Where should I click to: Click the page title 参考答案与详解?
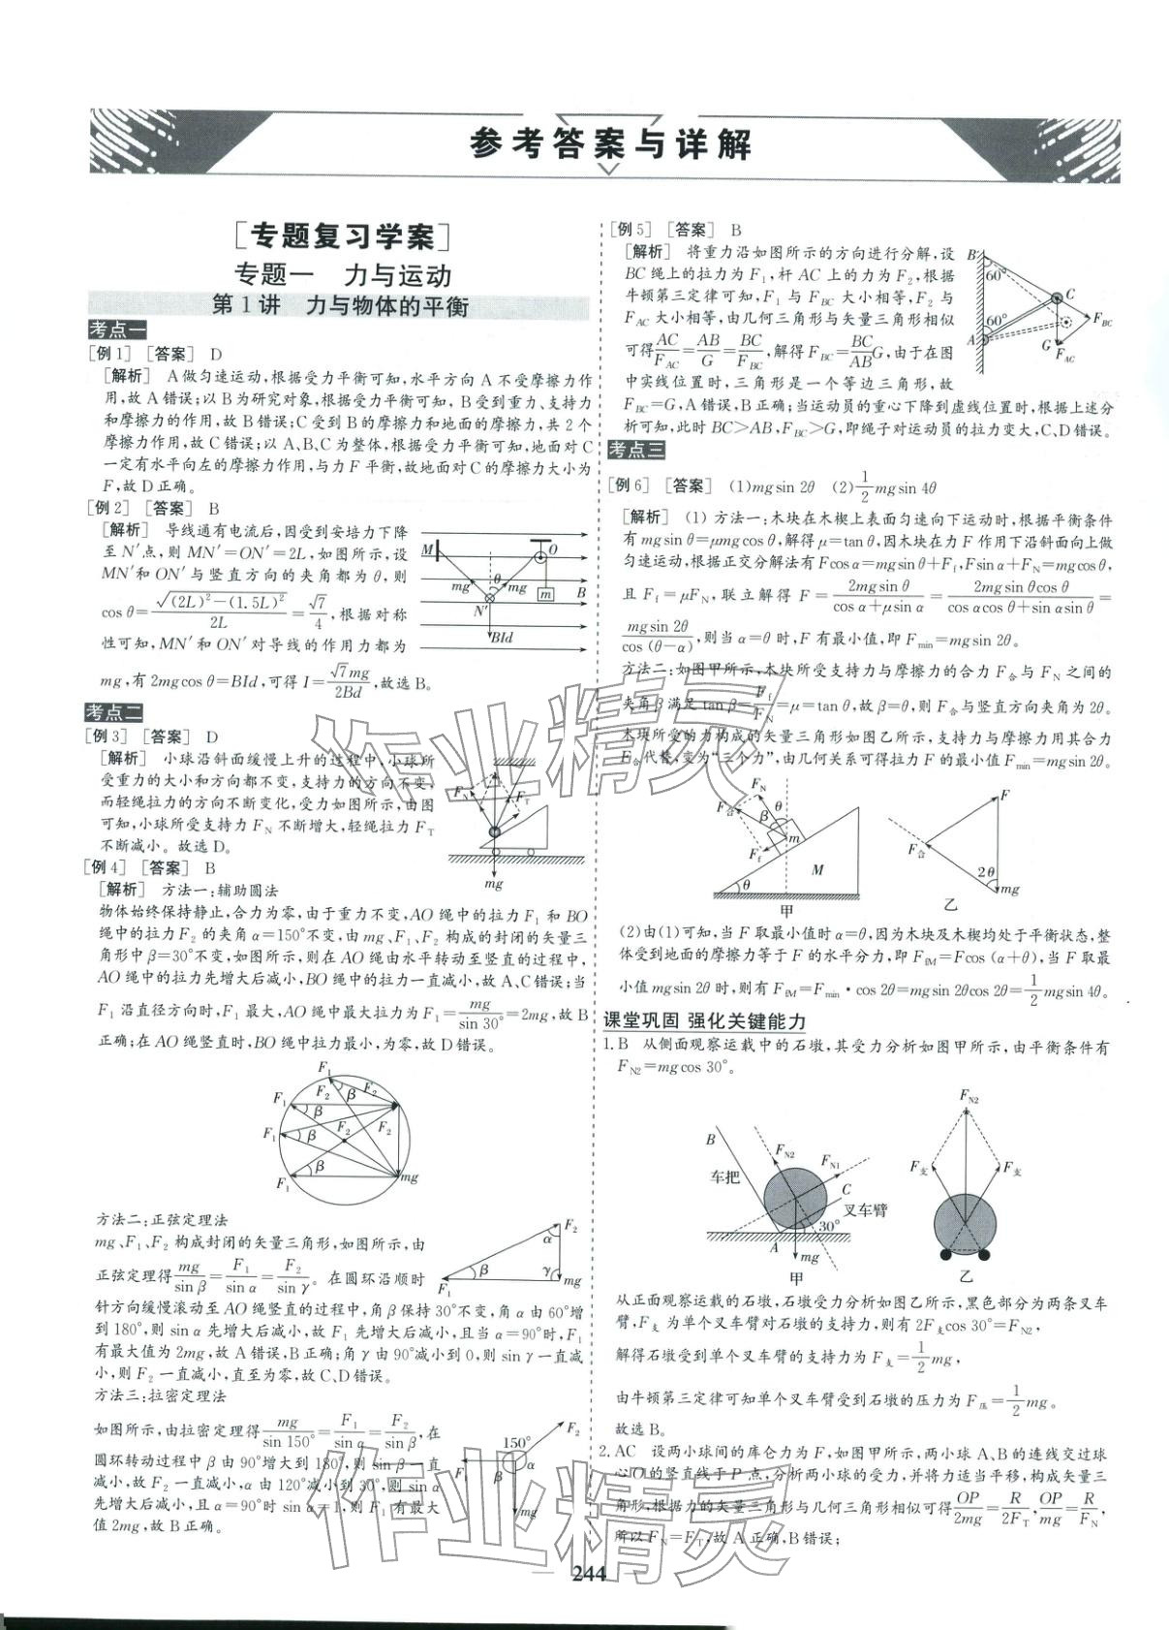(x=610, y=145)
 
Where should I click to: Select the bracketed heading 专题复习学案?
(x=344, y=235)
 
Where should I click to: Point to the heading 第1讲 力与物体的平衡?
(x=340, y=306)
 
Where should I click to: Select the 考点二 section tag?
(x=113, y=712)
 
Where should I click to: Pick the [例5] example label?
(x=630, y=230)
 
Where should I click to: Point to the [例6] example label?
(x=630, y=486)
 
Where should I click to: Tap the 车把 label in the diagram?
(x=724, y=1177)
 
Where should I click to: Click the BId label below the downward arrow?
(x=503, y=638)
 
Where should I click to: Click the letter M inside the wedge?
(x=817, y=869)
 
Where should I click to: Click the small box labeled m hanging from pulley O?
(x=546, y=593)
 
